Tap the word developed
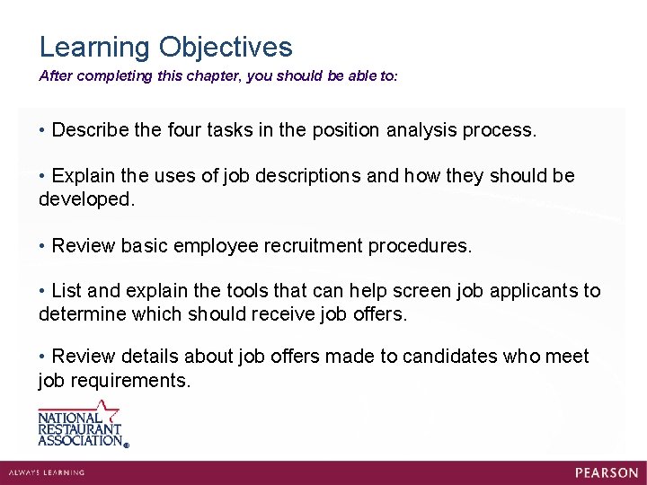tap(86, 199)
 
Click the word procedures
tap(422, 245)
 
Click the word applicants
tap(527, 291)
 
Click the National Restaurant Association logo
tap(81, 424)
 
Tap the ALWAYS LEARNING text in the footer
tap(46, 472)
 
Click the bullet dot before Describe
tap(42, 130)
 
